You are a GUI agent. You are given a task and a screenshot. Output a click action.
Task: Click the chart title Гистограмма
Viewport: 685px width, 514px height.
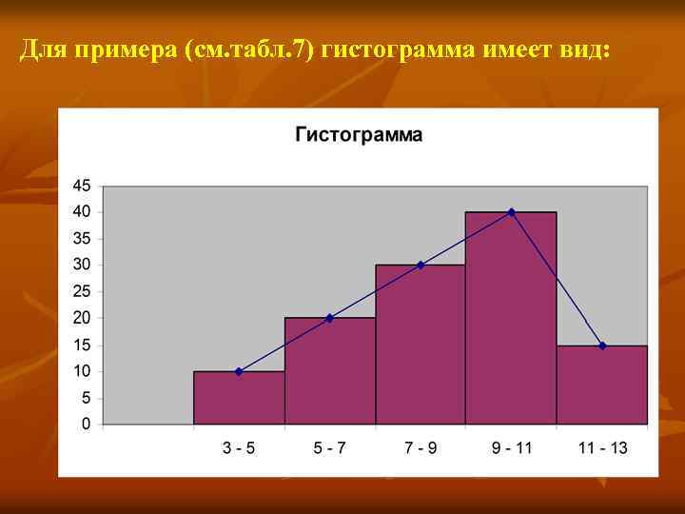(x=359, y=134)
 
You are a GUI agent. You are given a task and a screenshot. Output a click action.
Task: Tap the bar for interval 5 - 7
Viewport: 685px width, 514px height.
(x=329, y=371)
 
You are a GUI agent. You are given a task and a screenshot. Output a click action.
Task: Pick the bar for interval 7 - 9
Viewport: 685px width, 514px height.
(x=421, y=345)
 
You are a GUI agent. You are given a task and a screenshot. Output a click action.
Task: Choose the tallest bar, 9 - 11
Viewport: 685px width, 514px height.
(x=511, y=318)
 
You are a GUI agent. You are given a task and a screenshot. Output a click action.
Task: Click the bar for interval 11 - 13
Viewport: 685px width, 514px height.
(x=602, y=385)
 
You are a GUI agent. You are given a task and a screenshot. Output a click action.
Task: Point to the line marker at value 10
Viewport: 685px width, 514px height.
(x=239, y=371)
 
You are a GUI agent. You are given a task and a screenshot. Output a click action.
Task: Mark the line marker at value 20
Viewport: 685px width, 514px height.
(x=329, y=318)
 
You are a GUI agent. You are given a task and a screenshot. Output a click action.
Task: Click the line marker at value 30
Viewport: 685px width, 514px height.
(x=421, y=265)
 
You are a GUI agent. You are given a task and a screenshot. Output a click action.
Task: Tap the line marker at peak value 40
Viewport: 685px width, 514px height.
(x=511, y=211)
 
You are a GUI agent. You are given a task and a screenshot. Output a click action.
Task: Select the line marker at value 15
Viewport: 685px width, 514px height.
(x=602, y=346)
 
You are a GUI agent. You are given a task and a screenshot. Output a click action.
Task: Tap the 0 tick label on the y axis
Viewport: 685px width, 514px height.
(x=86, y=424)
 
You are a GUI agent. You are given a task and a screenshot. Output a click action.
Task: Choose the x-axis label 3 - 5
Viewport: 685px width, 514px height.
(x=239, y=448)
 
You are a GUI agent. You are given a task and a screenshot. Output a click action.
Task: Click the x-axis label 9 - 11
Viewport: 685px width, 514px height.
(x=511, y=448)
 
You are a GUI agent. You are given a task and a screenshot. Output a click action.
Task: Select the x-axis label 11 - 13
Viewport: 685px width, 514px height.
(x=602, y=448)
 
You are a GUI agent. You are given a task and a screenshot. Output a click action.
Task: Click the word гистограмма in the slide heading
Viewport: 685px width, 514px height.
(x=395, y=49)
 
